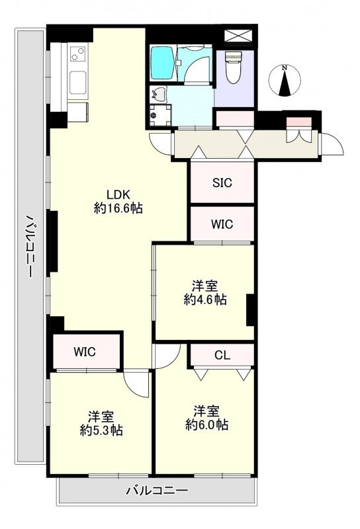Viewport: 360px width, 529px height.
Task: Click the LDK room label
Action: pyautogui.click(x=118, y=194)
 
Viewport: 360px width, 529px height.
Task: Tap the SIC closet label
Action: pyautogui.click(x=222, y=183)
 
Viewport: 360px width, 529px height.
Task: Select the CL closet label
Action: pyautogui.click(x=222, y=355)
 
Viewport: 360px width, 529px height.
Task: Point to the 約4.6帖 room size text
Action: pyautogui.click(x=205, y=300)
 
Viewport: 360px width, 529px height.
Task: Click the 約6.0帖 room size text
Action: pyautogui.click(x=206, y=425)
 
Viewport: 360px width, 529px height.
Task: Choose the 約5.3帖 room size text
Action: pyautogui.click(x=101, y=430)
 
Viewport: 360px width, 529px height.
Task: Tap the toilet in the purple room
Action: pyautogui.click(x=234, y=67)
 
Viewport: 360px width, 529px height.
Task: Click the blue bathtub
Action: pyautogui.click(x=162, y=63)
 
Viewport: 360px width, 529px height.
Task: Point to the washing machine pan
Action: pyautogui.click(x=160, y=114)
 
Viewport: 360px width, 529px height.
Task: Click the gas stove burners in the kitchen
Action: pyautogui.click(x=78, y=54)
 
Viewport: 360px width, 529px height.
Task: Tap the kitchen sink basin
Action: pyautogui.click(x=78, y=83)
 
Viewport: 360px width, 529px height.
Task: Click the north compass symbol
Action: pyautogui.click(x=285, y=81)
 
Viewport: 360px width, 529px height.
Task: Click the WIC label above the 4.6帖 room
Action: pyautogui.click(x=222, y=224)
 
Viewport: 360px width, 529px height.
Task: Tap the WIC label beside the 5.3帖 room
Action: pyautogui.click(x=85, y=352)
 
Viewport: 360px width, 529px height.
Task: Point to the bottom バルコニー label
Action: pyautogui.click(x=157, y=490)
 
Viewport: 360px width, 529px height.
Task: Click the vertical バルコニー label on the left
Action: pyautogui.click(x=30, y=245)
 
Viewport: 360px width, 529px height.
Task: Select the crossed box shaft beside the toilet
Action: pyautogui.click(x=238, y=36)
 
